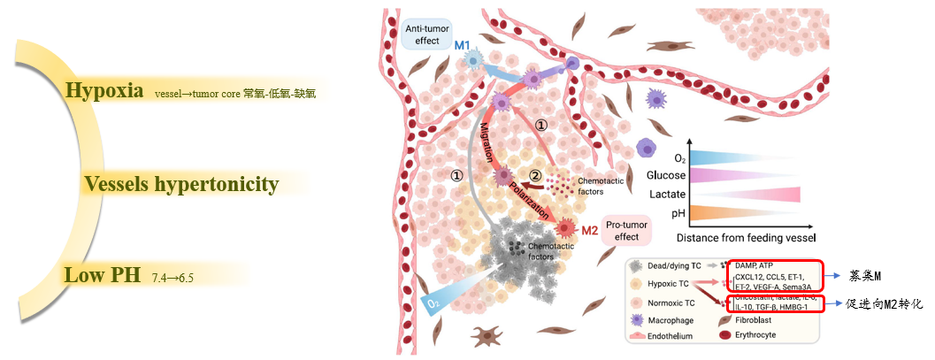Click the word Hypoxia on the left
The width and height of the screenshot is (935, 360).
tap(103, 90)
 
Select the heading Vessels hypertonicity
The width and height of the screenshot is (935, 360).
tap(181, 185)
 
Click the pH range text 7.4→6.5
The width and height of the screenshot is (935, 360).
tap(172, 278)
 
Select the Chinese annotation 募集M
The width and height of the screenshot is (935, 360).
tap(868, 275)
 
